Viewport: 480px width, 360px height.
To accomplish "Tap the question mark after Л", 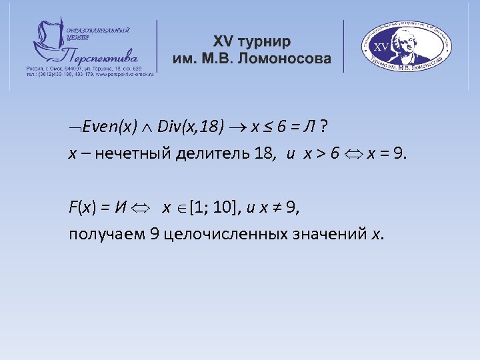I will pyautogui.click(x=322, y=127).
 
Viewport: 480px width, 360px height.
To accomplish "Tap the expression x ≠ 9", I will pyautogui.click(x=276, y=207).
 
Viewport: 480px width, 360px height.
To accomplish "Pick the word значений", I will pyautogui.click(x=336, y=234).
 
